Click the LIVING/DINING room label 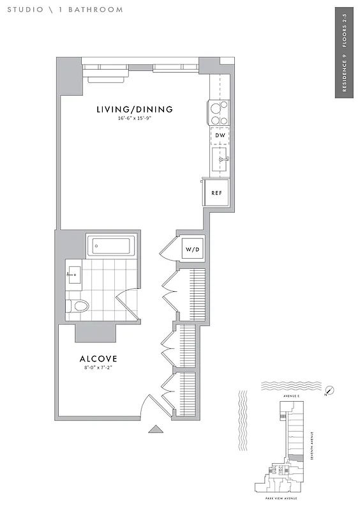tap(135, 109)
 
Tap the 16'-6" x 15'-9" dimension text tap(135, 119)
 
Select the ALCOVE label tap(97, 359)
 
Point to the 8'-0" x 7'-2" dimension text tap(98, 367)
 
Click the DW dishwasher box tap(219, 135)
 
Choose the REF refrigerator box tap(216, 192)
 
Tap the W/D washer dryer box tap(192, 248)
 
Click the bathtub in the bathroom tap(111, 245)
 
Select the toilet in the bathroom tap(77, 307)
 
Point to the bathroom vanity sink tap(73, 275)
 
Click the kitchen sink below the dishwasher tap(220, 159)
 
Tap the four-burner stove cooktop tap(220, 113)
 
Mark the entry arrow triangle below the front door tap(156, 429)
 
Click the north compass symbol tap(329, 391)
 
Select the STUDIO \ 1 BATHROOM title tap(65, 10)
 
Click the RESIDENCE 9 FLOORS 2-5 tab tap(344, 53)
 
